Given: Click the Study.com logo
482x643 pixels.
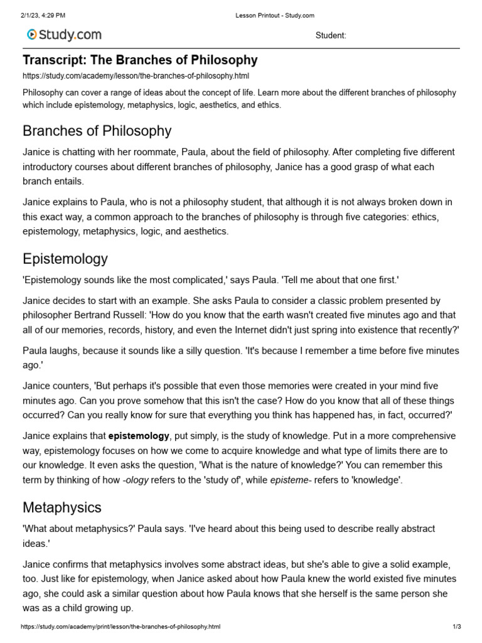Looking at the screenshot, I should tap(63, 35).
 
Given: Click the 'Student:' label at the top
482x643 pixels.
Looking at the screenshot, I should tap(330, 36).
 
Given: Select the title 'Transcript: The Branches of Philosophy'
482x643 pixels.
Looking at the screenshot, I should tap(140, 60).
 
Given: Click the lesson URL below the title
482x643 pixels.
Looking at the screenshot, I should tap(127, 76).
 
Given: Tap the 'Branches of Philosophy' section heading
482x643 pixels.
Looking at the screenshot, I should tap(97, 131).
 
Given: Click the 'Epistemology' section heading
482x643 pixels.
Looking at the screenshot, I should tap(65, 259).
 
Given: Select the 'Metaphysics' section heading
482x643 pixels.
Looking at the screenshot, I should tap(62, 507).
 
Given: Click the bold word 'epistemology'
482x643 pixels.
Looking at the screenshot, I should tap(139, 435).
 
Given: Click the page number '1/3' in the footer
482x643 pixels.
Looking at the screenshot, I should tap(456, 627).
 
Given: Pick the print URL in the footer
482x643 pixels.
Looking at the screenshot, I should tap(120, 627).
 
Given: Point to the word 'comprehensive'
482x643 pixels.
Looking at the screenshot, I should tap(417, 435).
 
